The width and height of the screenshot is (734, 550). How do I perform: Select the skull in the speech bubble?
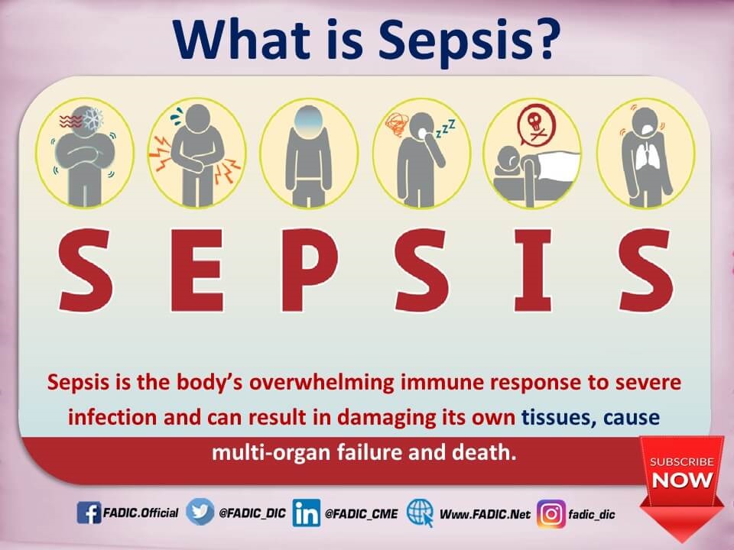[534, 121]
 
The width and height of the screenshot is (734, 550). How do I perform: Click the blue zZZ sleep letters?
[445, 128]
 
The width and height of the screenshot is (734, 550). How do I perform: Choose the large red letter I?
[533, 270]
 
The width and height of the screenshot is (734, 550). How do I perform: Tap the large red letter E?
[196, 270]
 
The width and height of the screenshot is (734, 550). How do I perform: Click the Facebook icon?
[89, 513]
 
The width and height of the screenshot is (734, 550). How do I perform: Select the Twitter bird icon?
[200, 512]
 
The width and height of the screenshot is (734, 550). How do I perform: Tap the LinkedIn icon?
[307, 513]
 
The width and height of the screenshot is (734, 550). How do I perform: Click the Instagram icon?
[551, 514]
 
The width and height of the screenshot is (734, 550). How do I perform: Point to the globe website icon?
[420, 513]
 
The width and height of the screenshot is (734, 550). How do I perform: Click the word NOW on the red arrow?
[682, 480]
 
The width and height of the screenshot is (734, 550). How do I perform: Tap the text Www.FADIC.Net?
[485, 514]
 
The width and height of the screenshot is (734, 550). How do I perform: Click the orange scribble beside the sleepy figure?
[396, 125]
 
